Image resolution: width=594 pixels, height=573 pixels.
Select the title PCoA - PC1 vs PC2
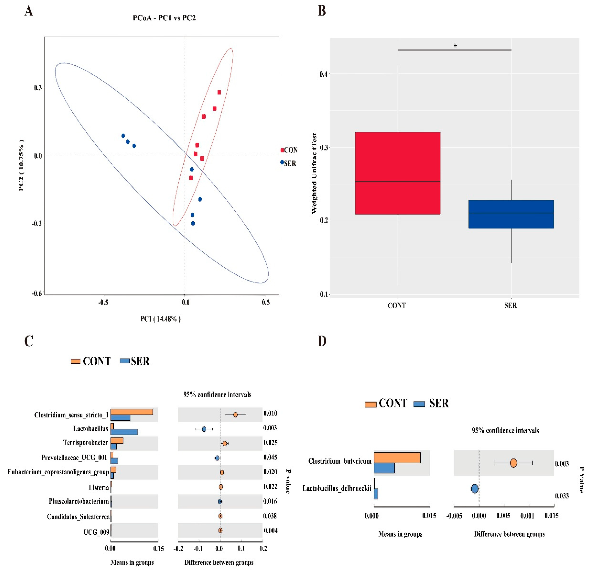point(164,18)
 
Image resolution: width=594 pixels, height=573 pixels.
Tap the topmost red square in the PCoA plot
point(219,92)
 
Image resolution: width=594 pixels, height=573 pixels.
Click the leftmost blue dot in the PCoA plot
point(123,136)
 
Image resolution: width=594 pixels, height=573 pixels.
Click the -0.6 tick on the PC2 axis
point(37,293)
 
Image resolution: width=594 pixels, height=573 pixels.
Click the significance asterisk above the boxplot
point(455,46)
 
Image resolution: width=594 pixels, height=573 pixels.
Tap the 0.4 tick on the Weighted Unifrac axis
point(323,74)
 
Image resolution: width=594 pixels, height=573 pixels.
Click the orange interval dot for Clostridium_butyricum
point(513,463)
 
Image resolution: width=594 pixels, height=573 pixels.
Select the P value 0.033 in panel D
point(562,496)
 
